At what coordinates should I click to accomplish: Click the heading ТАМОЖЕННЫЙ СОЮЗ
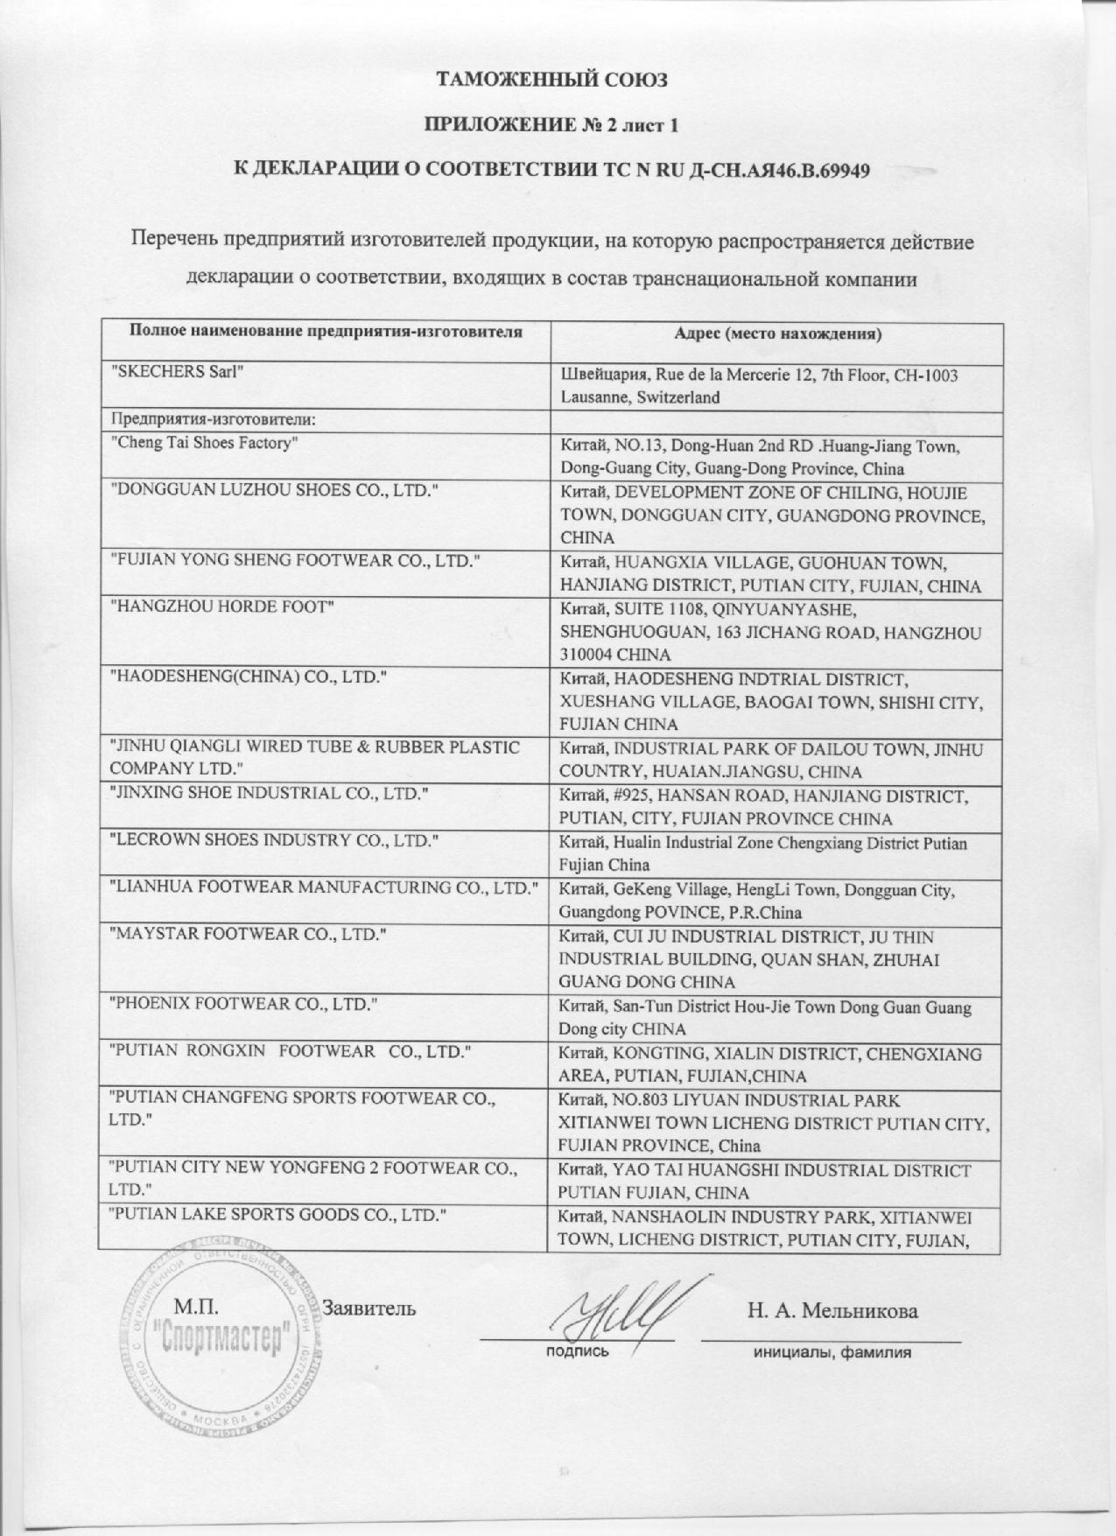click(551, 81)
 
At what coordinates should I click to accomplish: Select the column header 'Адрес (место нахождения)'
click(777, 333)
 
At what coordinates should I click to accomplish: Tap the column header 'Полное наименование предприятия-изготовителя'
click(326, 332)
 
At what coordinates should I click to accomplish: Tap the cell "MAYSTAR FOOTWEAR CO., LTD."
click(246, 934)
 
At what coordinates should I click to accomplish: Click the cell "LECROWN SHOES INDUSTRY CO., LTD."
click(270, 841)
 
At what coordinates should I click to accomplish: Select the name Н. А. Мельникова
click(832, 1310)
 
